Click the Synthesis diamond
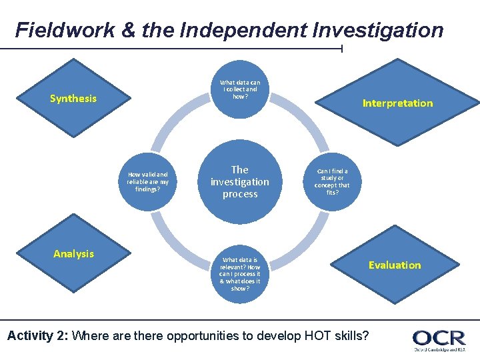(73, 99)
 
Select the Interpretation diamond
(397, 103)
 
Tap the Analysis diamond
(73, 253)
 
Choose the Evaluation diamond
(395, 265)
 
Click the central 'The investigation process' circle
(240, 181)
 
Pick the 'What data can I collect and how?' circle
(240, 89)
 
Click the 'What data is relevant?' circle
(240, 274)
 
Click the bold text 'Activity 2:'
(37, 335)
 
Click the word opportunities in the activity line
(200, 335)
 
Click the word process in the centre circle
(240, 194)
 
